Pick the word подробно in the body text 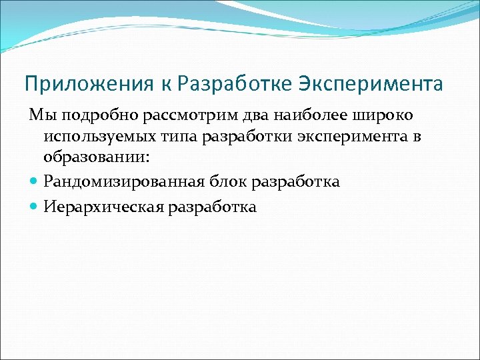(x=92, y=116)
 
